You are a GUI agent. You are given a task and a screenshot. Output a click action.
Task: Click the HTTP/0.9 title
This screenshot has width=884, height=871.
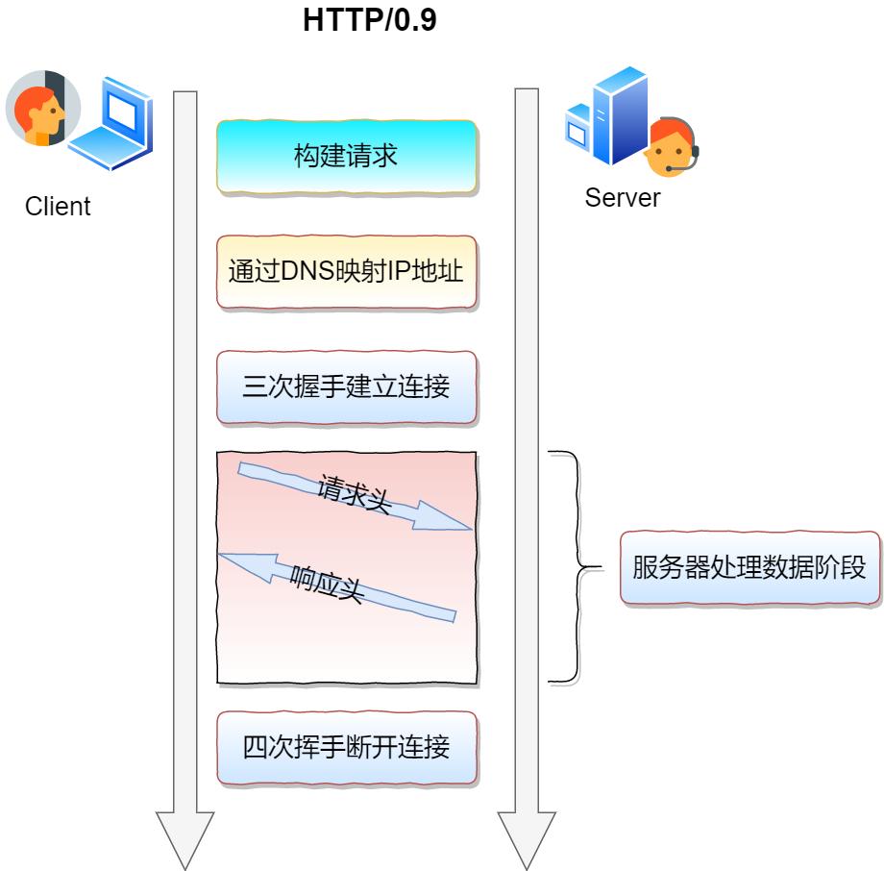click(370, 20)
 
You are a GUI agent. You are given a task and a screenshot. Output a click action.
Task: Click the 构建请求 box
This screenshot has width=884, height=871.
click(346, 157)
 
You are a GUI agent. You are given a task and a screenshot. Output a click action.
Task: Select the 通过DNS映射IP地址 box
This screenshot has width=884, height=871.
click(346, 272)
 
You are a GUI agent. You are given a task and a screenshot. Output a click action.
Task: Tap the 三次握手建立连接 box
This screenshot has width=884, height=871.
click(346, 387)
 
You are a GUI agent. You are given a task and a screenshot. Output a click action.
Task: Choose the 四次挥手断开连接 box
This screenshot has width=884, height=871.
click(346, 747)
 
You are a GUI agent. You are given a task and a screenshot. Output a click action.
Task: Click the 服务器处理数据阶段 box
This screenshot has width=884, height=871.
click(749, 567)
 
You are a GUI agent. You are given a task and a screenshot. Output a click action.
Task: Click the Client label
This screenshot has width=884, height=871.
click(58, 207)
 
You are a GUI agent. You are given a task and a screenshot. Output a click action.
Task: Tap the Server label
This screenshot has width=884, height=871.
click(623, 198)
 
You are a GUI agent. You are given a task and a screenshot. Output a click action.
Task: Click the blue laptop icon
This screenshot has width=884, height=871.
click(115, 125)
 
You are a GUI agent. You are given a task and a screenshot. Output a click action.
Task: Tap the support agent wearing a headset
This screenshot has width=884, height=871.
click(670, 149)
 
